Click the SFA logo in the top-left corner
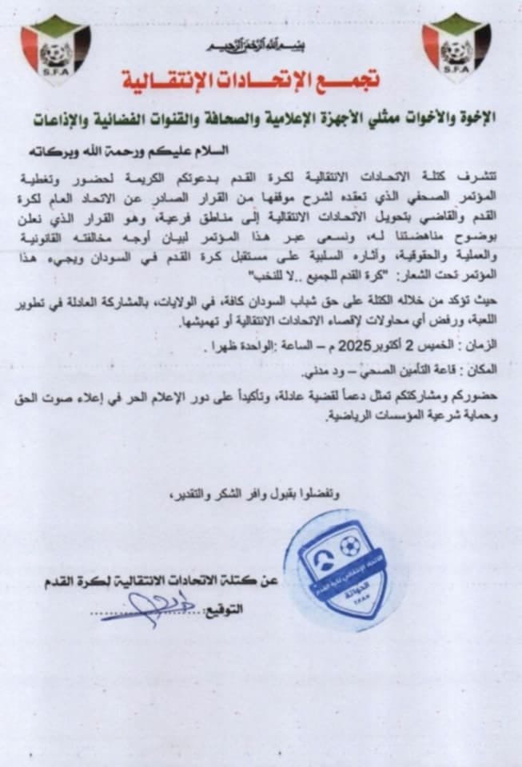coord(55,48)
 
